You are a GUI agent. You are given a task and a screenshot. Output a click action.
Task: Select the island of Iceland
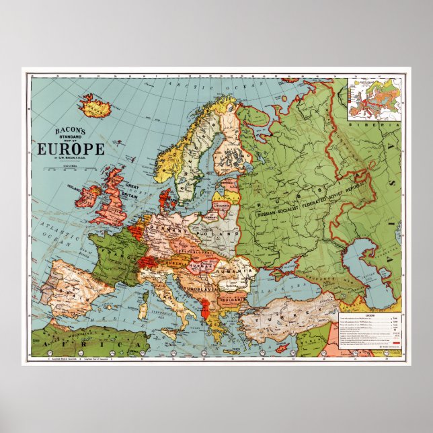(x=93, y=104)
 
